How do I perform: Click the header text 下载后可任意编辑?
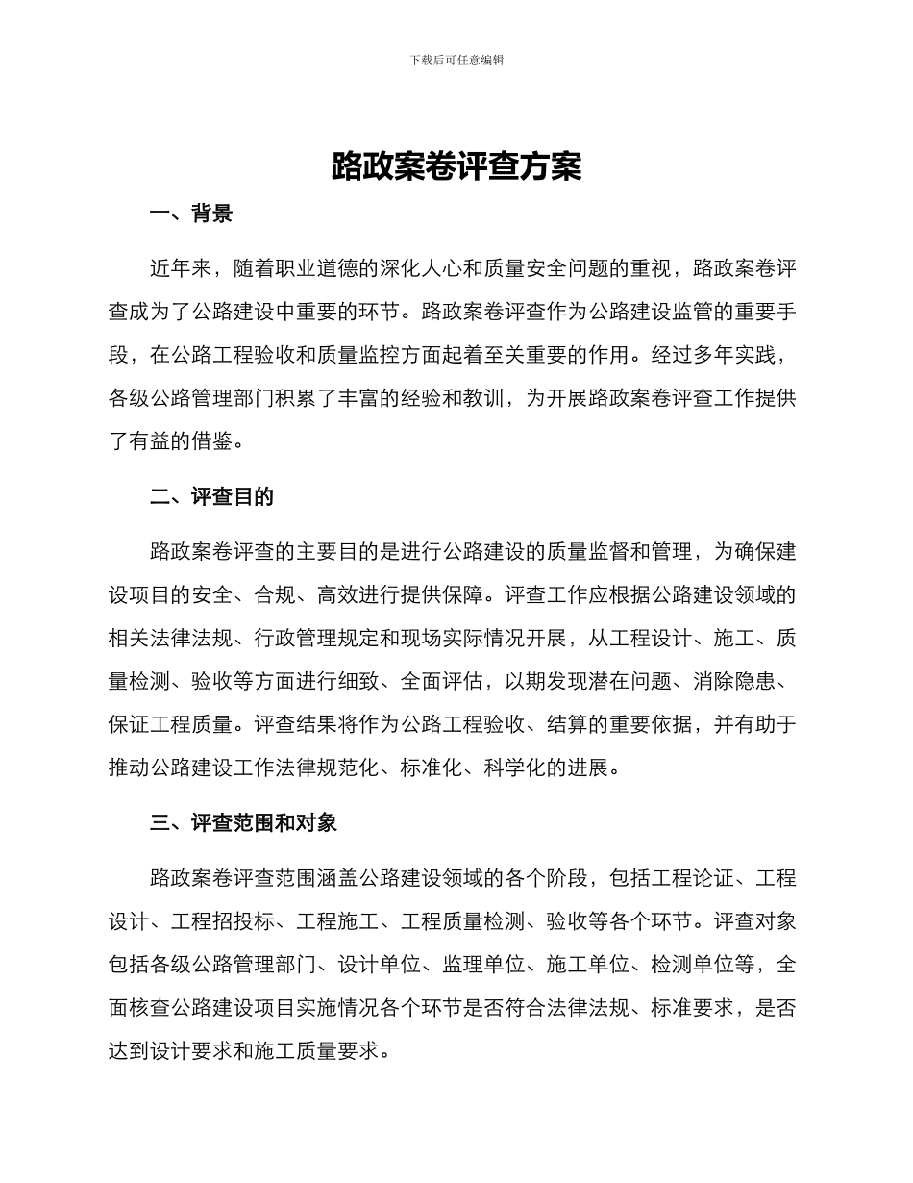point(456,60)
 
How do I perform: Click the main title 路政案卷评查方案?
point(456,166)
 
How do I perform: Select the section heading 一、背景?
point(191,214)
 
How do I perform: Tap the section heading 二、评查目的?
point(212,496)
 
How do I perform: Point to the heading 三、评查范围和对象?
point(243,823)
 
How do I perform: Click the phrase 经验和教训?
point(441,398)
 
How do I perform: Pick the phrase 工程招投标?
point(223,921)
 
